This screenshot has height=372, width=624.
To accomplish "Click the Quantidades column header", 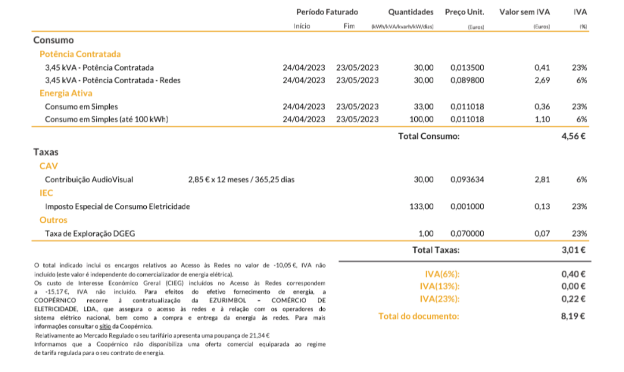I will coord(410,12).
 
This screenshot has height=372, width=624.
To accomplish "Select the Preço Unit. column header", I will coord(465,12).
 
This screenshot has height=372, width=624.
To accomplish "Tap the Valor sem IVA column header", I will coord(525,12).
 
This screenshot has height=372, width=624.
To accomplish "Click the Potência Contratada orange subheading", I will coord(80,54).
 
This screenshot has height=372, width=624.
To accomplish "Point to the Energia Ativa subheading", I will coord(66,93).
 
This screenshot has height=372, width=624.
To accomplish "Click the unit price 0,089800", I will coord(467,80).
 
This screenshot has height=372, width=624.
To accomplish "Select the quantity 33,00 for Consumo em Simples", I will coord(424,106).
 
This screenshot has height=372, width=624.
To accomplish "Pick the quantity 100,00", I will coord(421,119).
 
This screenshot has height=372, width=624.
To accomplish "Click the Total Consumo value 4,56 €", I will coord(574,137).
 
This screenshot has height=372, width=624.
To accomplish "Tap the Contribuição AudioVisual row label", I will coord(89,179).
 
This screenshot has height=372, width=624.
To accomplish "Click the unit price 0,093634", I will coord(467,179).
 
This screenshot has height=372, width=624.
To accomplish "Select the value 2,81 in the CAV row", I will coord(542,179).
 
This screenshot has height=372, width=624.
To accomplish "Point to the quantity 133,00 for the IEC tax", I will coord(421,207).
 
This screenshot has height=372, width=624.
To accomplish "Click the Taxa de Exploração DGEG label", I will coord(90,234).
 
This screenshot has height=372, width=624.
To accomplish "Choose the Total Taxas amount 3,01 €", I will coord(574,251).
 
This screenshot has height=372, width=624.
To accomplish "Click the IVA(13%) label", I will coord(440,286).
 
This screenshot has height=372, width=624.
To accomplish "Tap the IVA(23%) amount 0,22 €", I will coord(574,299).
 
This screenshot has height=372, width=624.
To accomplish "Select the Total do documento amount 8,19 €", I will coord(574,316).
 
